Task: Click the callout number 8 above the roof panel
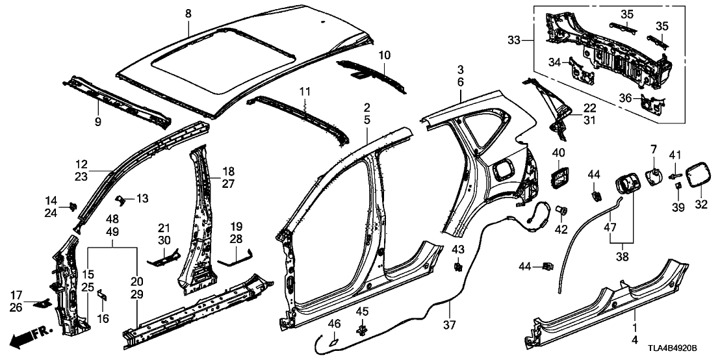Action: tap(188, 12)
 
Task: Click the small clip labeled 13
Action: tap(120, 198)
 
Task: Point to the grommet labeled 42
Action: tap(563, 210)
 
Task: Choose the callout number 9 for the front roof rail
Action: tap(98, 122)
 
